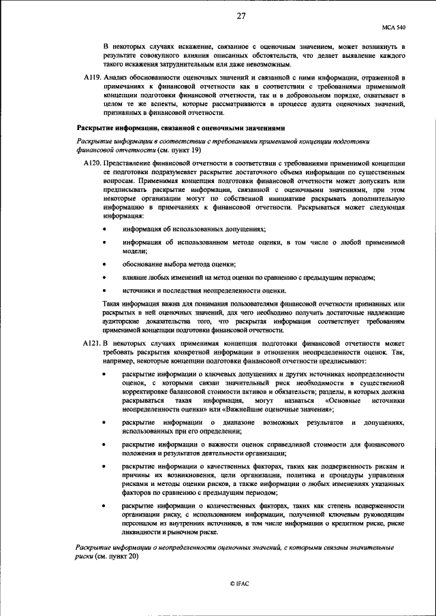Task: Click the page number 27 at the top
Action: coord(241,16)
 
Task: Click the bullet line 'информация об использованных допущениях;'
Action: coord(193,230)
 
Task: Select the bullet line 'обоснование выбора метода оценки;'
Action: coord(178,264)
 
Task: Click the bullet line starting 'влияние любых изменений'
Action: coord(249,277)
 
